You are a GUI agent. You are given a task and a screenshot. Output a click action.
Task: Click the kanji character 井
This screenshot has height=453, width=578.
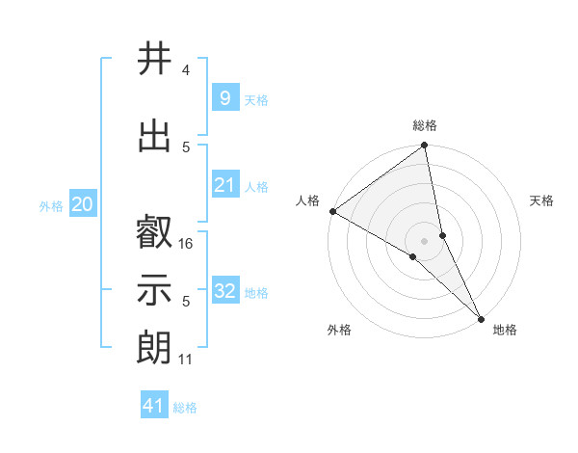[x=154, y=60]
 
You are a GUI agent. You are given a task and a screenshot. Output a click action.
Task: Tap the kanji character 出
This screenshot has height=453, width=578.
[x=154, y=136]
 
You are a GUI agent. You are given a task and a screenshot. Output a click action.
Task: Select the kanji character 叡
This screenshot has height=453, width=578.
[x=154, y=233]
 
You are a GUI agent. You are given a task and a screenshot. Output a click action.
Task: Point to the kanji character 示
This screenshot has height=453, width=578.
[x=154, y=290]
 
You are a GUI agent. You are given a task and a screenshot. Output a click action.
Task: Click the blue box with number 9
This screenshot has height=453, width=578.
[x=224, y=98]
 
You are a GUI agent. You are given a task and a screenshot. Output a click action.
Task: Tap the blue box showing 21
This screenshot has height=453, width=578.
[x=224, y=185]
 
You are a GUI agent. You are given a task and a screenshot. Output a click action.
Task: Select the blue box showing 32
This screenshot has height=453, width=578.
[x=224, y=291]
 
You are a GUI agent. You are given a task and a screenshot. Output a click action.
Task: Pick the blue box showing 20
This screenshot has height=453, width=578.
[x=82, y=204]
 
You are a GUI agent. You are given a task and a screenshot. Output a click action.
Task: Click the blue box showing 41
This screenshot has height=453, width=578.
[x=155, y=406]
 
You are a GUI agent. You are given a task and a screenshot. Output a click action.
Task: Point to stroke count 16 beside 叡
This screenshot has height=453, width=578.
[x=187, y=244]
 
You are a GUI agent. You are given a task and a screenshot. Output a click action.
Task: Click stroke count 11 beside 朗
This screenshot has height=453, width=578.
[x=187, y=360]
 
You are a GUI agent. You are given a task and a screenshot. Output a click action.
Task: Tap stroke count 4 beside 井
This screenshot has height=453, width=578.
[x=186, y=70]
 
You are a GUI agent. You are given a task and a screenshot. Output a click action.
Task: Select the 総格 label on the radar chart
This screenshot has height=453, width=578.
[x=425, y=126]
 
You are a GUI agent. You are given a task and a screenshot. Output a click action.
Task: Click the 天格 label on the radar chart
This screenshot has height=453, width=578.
[x=541, y=200]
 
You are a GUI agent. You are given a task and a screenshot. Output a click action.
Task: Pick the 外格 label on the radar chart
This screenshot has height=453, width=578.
[x=339, y=330]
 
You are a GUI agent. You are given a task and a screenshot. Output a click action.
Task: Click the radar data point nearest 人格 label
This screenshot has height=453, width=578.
[x=332, y=211]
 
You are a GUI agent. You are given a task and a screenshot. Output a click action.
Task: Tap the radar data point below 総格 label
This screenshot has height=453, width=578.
[x=425, y=147]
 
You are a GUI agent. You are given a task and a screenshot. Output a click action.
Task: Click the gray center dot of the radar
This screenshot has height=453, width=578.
[x=424, y=240]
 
